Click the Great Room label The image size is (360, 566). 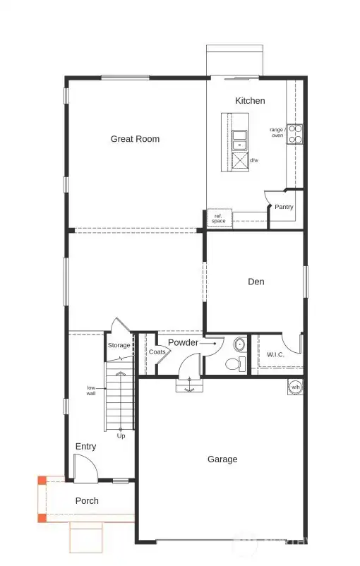135,139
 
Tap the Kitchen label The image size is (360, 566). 250,101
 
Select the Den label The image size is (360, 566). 256,282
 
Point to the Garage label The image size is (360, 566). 222,459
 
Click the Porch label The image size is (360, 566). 88,501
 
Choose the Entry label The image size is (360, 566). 85,447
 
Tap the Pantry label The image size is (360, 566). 284,207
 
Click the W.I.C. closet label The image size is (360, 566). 275,354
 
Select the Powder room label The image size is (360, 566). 183,343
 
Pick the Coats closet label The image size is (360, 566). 157,351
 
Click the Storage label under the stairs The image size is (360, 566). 119,346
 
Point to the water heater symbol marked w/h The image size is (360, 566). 295,387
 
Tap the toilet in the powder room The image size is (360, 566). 233,364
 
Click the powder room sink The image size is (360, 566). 239,345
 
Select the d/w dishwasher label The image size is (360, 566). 253,160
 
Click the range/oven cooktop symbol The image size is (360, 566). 295,134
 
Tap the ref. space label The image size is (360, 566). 218,219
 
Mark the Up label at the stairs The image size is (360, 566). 121,435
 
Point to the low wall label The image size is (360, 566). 91,390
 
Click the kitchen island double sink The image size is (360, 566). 240,139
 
